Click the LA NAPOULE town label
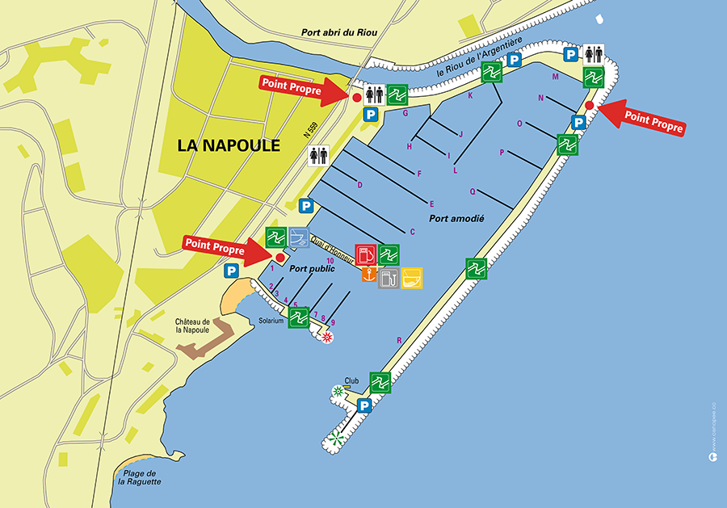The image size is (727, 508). click(x=229, y=146)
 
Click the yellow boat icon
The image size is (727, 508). click(x=412, y=278)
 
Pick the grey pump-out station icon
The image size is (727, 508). click(x=389, y=278)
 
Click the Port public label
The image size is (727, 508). click(x=312, y=269)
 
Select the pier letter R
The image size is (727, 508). click(x=399, y=340)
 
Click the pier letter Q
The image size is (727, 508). click(x=473, y=191)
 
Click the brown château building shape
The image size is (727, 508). click(x=204, y=343)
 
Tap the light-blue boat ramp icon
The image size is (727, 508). click(x=299, y=237)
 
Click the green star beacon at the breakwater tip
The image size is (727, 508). click(x=335, y=439)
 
